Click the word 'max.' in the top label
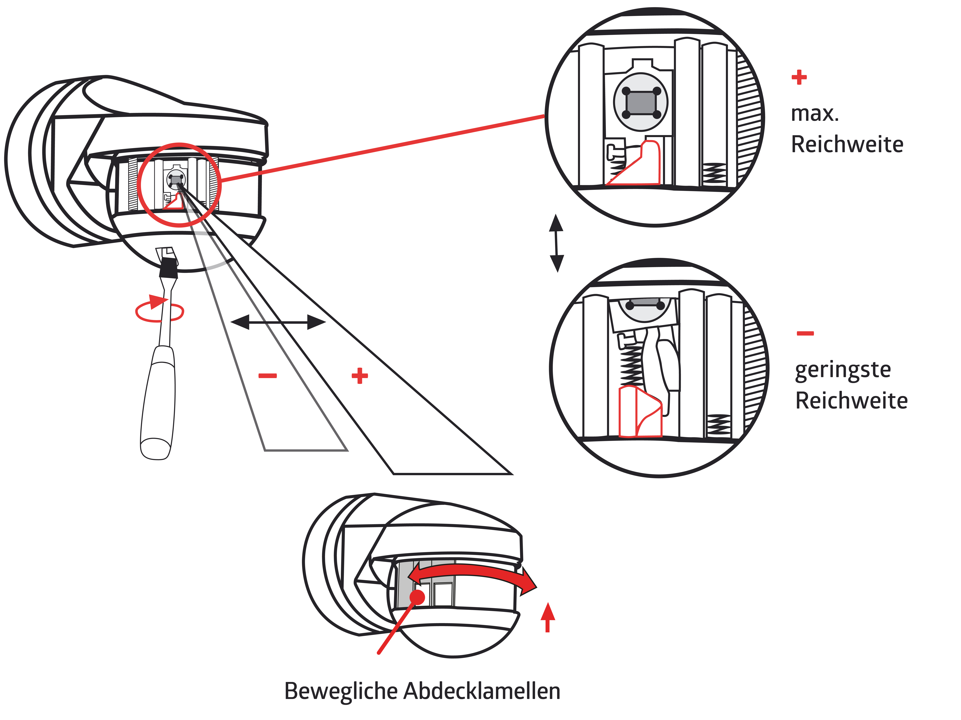click(x=815, y=114)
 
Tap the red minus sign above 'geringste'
click(x=805, y=333)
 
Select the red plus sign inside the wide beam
click(x=360, y=376)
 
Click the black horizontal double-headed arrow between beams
click(x=278, y=322)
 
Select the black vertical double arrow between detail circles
click(x=557, y=243)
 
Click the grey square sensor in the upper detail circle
click(x=641, y=103)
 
